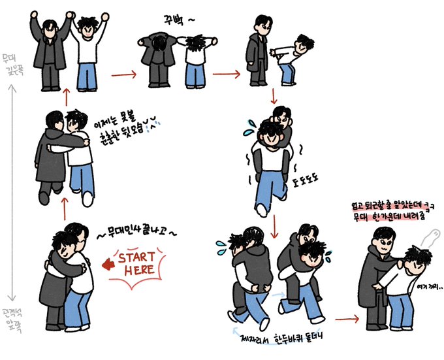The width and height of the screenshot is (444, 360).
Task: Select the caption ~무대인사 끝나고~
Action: click(x=135, y=230)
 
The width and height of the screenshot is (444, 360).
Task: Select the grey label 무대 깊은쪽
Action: click(x=9, y=65)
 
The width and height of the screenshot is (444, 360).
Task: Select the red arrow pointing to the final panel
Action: click(x=346, y=318)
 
